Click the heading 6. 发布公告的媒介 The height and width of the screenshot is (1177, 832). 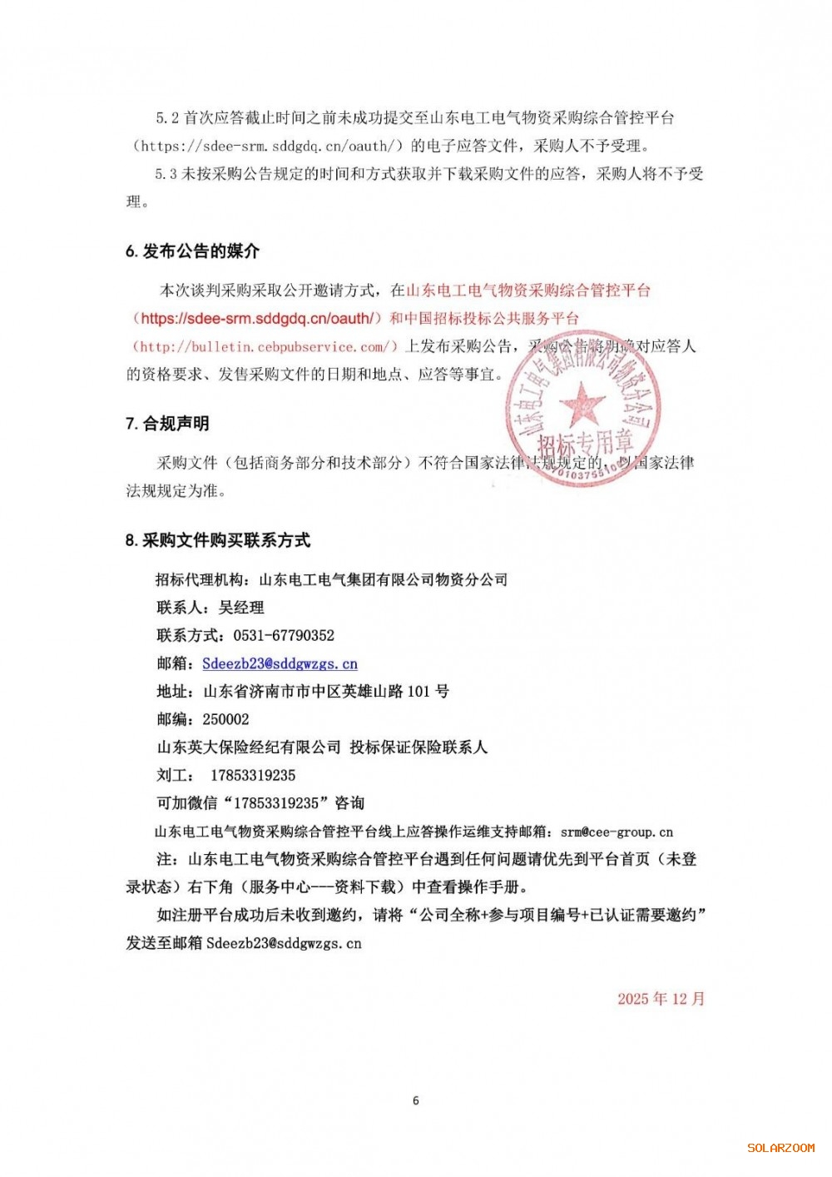[192, 251]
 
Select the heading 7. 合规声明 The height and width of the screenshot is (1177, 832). [167, 424]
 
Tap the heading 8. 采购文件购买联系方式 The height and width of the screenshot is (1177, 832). [218, 540]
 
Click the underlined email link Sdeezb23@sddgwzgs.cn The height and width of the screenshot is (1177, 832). [280, 663]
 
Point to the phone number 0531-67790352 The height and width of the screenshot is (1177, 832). [284, 635]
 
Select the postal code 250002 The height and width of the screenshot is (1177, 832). [225, 719]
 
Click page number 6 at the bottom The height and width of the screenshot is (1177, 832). [416, 1100]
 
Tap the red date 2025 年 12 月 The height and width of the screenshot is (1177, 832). [661, 998]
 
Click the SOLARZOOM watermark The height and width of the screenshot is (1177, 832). [780, 1148]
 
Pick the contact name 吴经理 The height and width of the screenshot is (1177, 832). [241, 608]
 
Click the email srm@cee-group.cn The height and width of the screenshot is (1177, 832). [617, 832]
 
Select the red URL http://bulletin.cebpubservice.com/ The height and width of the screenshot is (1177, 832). [265, 346]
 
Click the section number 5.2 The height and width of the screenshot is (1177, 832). [167, 118]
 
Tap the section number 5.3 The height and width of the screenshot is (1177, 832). [166, 174]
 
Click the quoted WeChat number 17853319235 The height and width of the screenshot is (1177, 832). [276, 803]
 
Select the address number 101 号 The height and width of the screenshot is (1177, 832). [428, 691]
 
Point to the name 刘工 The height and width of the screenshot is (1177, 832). [172, 775]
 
